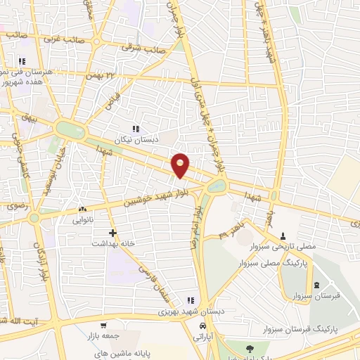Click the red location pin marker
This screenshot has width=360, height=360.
pos(181,165)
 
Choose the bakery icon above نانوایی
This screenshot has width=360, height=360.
pos(83,209)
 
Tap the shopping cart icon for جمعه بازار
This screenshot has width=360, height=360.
pos(104,325)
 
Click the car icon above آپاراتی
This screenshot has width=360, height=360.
pos(202,326)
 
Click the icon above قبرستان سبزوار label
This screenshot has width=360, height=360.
pos(316,285)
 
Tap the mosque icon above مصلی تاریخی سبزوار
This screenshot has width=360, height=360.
pos(283,236)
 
